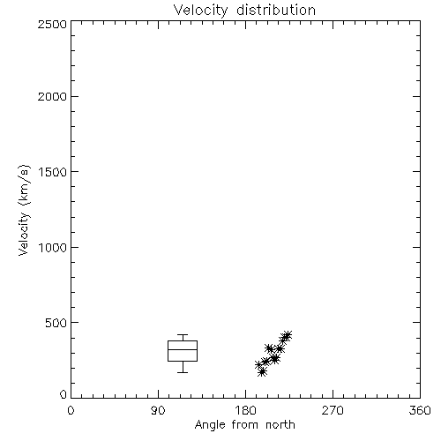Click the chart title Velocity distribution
(x=244, y=10)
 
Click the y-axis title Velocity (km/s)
(x=24, y=210)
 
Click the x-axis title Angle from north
(x=244, y=425)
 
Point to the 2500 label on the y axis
(x=52, y=24)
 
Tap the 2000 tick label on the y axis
(x=52, y=96)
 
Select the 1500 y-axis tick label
(x=53, y=172)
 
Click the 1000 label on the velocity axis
(x=53, y=247)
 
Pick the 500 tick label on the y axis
(x=56, y=323)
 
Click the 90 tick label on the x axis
(x=158, y=410)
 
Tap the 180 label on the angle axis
(x=245, y=410)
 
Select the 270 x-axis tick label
(x=333, y=410)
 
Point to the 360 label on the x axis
(x=420, y=410)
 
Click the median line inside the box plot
(x=183, y=349)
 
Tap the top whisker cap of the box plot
(x=183, y=334)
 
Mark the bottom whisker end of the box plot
(x=183, y=372)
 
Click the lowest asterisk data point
(x=262, y=372)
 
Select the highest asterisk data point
(x=288, y=335)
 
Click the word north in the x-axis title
(x=280, y=425)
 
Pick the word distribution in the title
(x=276, y=10)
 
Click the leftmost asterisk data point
(x=258, y=365)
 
